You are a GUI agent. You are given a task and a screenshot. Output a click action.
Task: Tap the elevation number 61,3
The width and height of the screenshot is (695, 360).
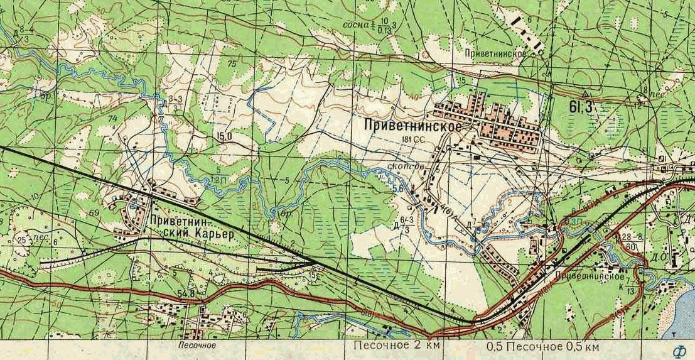(x=581, y=107)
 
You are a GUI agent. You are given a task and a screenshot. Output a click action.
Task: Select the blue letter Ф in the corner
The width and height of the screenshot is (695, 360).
(x=678, y=351)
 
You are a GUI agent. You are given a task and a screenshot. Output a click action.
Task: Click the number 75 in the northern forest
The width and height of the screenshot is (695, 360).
(x=232, y=64)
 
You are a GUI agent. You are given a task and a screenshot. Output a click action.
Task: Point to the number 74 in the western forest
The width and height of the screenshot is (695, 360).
(x=113, y=119)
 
